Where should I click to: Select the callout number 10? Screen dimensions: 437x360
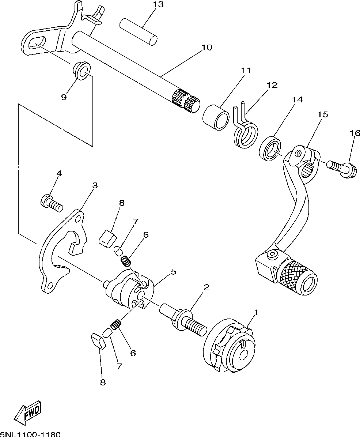pyautogui.click(x=206, y=48)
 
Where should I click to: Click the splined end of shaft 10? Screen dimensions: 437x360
pyautogui.click(x=186, y=100)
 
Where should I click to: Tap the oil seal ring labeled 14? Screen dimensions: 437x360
pyautogui.click(x=270, y=148)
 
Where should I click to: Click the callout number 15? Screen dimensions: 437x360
pyautogui.click(x=322, y=114)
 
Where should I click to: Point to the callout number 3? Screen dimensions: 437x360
pyautogui.click(x=95, y=185)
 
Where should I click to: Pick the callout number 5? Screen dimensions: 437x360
pyautogui.click(x=173, y=272)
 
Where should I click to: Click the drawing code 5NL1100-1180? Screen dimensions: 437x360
pyautogui.click(x=30, y=434)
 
